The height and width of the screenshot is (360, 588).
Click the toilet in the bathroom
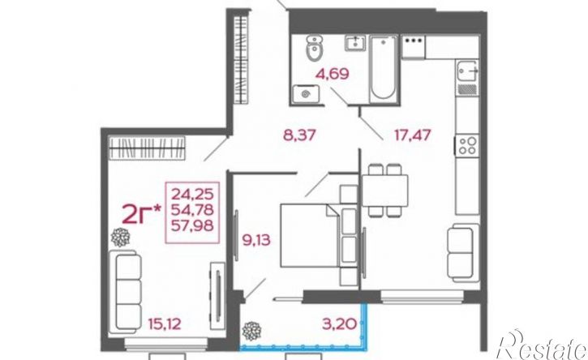(314, 49)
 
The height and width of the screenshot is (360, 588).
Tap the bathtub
(384, 69)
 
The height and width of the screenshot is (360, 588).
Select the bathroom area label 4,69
(333, 74)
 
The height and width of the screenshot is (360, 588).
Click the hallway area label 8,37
(299, 135)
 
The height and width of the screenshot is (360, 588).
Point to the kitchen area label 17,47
(412, 135)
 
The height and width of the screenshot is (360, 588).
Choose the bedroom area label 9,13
(256, 240)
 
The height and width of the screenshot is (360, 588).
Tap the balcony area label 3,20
(339, 324)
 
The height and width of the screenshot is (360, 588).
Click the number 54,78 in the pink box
(192, 210)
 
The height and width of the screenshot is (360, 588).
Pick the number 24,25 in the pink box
(192, 195)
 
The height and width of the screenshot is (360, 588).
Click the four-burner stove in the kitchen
(467, 146)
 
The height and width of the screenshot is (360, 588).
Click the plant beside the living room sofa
(120, 238)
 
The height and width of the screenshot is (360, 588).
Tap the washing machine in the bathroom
(306, 92)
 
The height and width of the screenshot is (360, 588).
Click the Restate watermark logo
(542, 345)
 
